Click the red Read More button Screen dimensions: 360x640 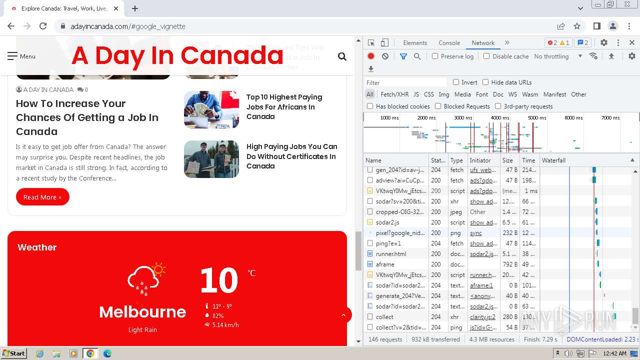pyautogui.click(x=42, y=197)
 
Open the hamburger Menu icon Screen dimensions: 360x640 pyautogui.click(x=12, y=56)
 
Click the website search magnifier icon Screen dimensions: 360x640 pyautogui.click(x=342, y=56)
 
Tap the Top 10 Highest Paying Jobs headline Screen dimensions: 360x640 pyautogui.click(x=284, y=106)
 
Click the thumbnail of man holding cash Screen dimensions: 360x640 pyautogui.click(x=211, y=109)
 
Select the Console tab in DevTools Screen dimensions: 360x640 pyautogui.click(x=449, y=43)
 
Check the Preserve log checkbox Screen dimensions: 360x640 pyautogui.click(x=435, y=56)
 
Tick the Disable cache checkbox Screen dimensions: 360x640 pyautogui.click(x=486, y=56)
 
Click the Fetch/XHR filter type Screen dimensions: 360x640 pyautogui.click(x=394, y=94)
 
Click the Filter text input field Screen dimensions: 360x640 pyautogui.click(x=405, y=82)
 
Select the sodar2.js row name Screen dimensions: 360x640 pyautogui.click(x=387, y=222)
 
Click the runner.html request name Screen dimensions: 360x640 pyautogui.click(x=391, y=253)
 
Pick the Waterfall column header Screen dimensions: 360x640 pyautogui.click(x=553, y=160)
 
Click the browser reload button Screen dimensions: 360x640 pyautogui.click(x=43, y=26)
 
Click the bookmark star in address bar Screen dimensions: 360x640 pyautogui.click(x=577, y=26)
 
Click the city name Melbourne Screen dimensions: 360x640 pyautogui.click(x=142, y=312)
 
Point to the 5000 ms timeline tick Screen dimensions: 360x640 pyautogui.click(x=537, y=118)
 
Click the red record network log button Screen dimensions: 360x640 pyautogui.click(x=371, y=56)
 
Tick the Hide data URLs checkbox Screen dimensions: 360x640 pyautogui.click(x=485, y=82)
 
